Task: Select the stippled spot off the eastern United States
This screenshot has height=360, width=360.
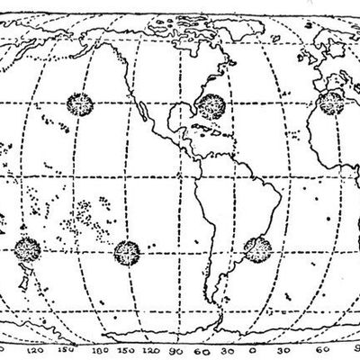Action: pyautogui.click(x=213, y=105)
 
